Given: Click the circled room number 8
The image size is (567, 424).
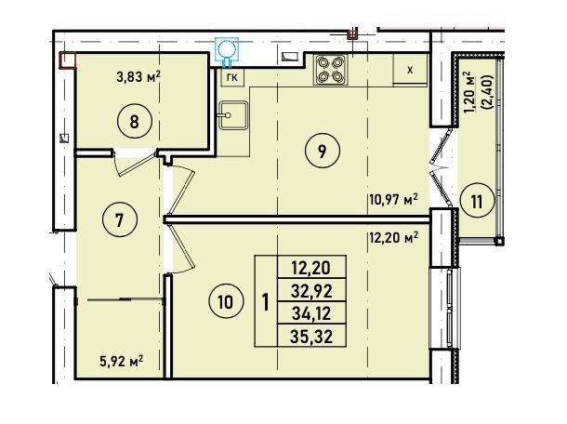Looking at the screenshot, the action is point(134,121).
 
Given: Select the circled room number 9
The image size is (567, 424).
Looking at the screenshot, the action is point(323,151).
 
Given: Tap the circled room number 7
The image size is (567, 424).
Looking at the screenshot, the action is point(120,219).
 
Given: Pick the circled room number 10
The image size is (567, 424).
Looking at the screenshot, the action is point(226,301).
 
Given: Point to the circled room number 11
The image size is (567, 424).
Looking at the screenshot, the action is point(477,201).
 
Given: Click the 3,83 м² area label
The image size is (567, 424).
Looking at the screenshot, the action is point(138,76).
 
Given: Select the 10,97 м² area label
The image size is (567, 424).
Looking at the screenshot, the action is point(393,199).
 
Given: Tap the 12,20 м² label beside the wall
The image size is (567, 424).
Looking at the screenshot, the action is point(393,238).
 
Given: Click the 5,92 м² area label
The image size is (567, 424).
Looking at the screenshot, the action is point(121,361).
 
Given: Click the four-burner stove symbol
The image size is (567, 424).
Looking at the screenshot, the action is point(330,70).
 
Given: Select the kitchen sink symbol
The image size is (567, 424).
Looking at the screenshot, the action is point(233,115).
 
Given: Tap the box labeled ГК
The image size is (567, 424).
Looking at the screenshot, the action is point(232,77).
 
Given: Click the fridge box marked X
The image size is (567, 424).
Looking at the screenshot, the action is point(410,70).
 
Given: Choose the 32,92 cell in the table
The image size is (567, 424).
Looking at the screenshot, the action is point(311,290).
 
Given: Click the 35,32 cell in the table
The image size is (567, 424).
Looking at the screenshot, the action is point(311,337).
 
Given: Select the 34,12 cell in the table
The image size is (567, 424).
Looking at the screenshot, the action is point(311,313).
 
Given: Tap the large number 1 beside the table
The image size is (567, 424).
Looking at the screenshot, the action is point(266,302).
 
